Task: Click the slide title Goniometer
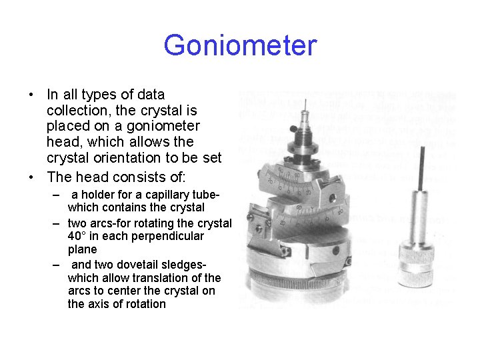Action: pos(240,46)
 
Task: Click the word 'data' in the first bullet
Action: pos(150,95)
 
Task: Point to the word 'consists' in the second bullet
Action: pos(133,177)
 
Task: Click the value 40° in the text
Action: pos(79,236)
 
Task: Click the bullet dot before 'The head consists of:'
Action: pos(31,177)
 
